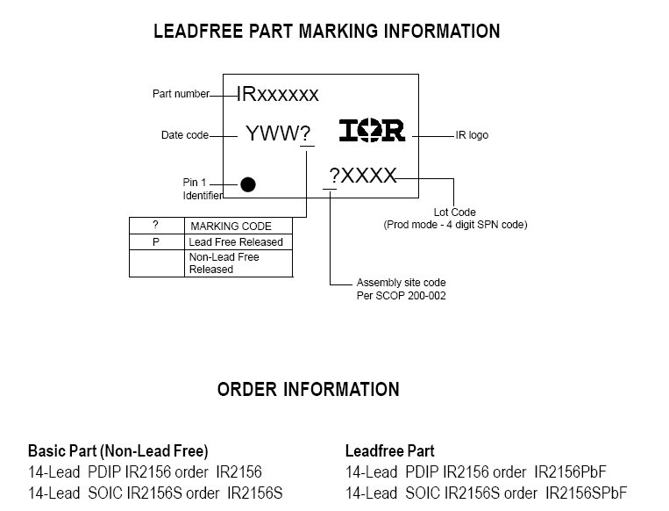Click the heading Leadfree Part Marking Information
(326, 32)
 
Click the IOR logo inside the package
(373, 132)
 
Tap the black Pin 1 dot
(248, 184)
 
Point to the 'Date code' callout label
(185, 135)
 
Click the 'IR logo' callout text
(472, 135)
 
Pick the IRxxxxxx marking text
(277, 95)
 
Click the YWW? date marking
(278, 133)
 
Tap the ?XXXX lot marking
(362, 176)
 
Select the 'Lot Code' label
(455, 212)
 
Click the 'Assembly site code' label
(401, 283)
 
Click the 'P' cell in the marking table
(155, 241)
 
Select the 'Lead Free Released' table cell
(236, 241)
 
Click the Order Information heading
(308, 389)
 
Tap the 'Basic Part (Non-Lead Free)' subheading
(117, 451)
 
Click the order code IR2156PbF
(570, 471)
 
